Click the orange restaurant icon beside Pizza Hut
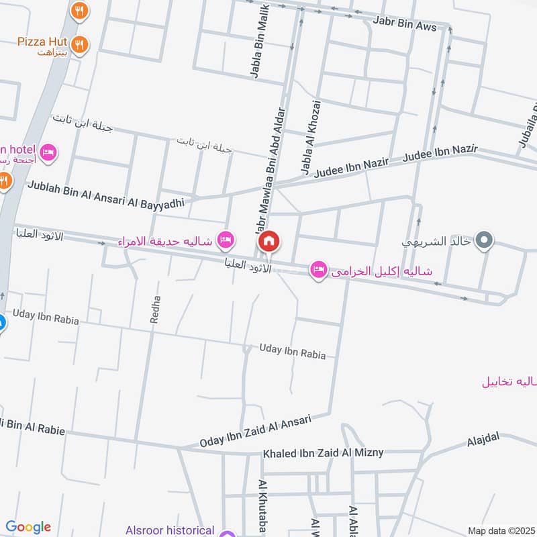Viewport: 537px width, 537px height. (x=80, y=44)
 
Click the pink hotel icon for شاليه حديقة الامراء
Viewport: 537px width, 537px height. (x=226, y=240)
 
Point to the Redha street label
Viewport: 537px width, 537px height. (x=156, y=310)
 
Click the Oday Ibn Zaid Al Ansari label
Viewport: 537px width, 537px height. (x=256, y=431)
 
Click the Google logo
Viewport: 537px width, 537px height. (x=28, y=527)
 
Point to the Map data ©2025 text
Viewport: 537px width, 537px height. (x=500, y=530)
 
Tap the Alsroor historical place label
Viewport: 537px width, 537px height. (x=169, y=530)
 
